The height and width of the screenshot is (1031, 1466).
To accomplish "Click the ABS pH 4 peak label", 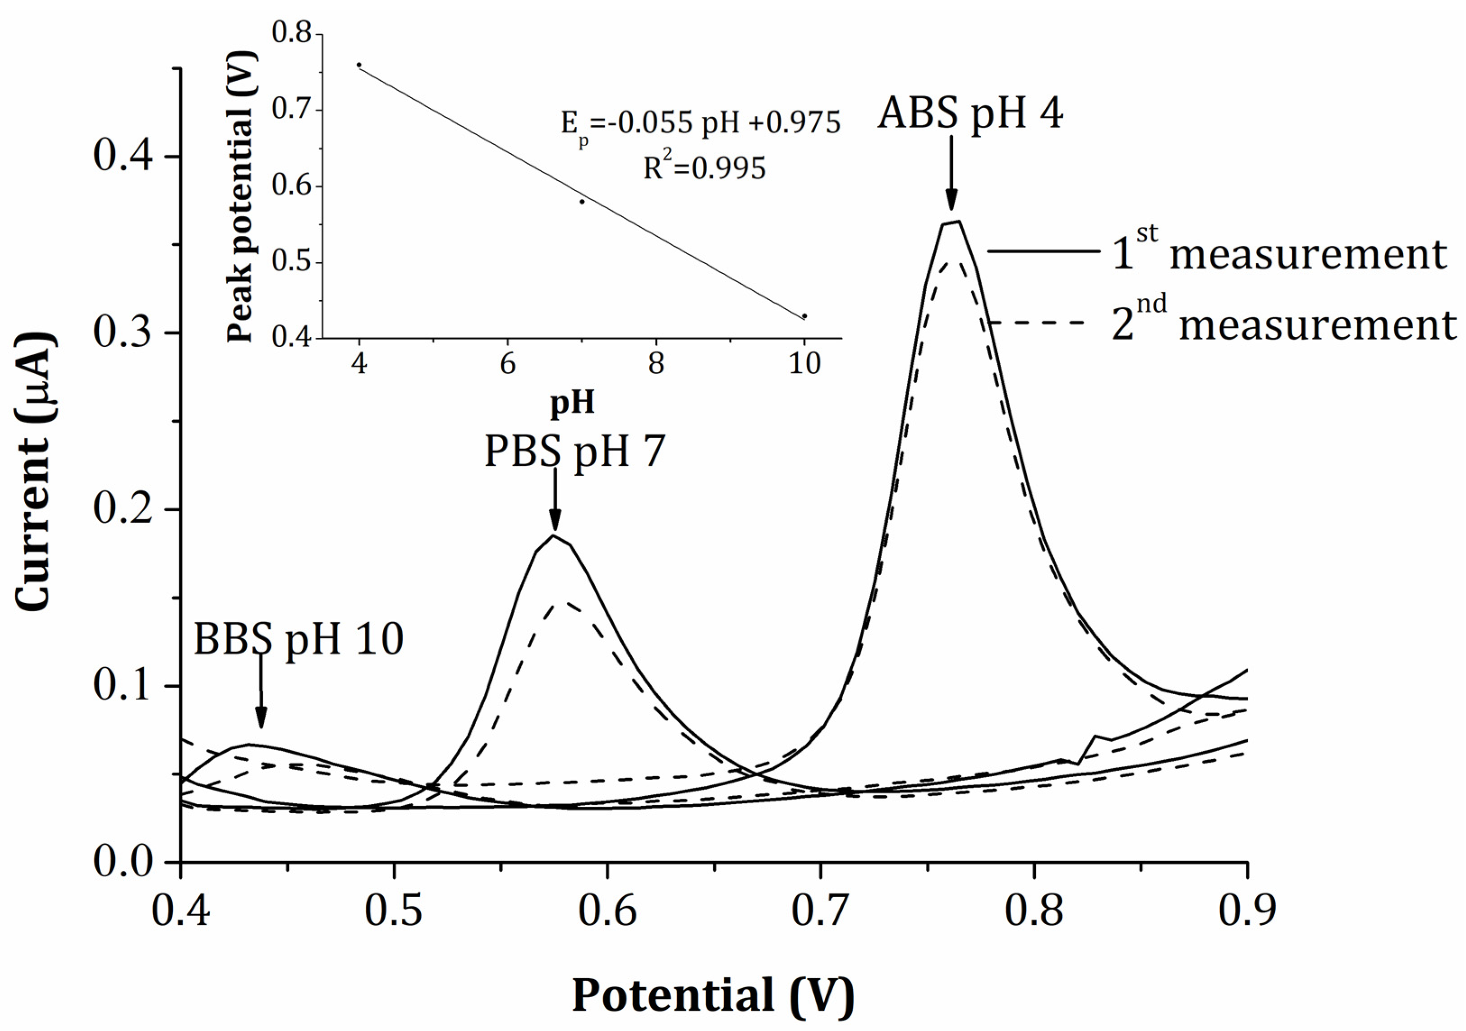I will (x=970, y=115).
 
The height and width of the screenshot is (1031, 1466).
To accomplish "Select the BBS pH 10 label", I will (x=298, y=639).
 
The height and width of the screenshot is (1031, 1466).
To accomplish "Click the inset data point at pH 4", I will (x=359, y=65).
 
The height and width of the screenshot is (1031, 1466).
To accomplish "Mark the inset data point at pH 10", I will (x=804, y=316).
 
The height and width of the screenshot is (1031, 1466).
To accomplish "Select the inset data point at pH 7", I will (x=582, y=202).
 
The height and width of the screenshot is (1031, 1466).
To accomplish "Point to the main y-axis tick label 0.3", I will (x=123, y=333).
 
